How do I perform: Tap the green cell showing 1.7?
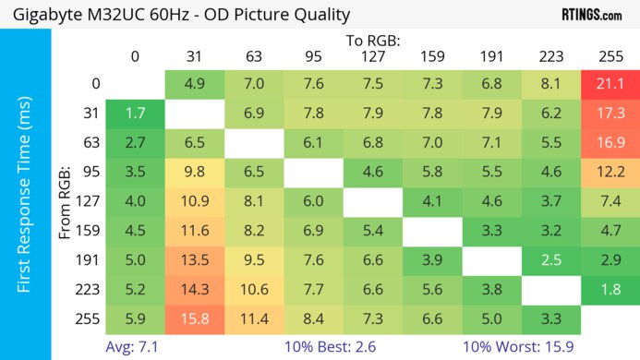tap(135, 114)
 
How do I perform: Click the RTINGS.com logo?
tap(591, 14)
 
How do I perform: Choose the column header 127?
tap(372, 56)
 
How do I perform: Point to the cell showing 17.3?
tap(610, 114)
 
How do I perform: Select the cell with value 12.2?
tap(610, 173)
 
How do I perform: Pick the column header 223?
tap(550, 56)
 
